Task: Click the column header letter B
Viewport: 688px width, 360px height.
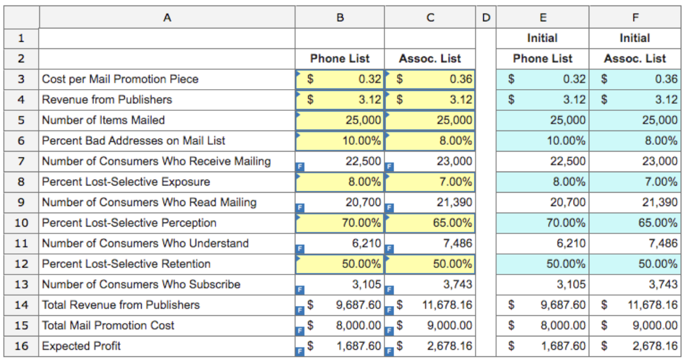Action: [340, 18]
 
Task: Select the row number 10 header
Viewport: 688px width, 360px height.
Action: [21, 223]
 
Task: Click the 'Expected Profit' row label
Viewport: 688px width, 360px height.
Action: [81, 346]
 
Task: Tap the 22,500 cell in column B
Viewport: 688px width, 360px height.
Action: [363, 161]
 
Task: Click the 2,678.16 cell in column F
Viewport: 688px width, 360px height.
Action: [655, 346]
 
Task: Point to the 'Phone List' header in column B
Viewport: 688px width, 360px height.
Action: [340, 59]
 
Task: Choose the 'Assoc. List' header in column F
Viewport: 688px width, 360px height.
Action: [634, 59]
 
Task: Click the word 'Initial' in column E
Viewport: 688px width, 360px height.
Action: [542, 38]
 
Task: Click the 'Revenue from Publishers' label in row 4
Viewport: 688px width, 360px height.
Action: [107, 100]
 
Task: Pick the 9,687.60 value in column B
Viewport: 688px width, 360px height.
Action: [359, 305]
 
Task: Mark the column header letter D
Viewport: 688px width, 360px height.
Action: [486, 18]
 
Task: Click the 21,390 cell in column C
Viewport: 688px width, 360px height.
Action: [454, 202]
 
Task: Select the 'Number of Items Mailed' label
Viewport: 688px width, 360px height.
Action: [103, 120]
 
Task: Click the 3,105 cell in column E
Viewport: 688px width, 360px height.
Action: [571, 285]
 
